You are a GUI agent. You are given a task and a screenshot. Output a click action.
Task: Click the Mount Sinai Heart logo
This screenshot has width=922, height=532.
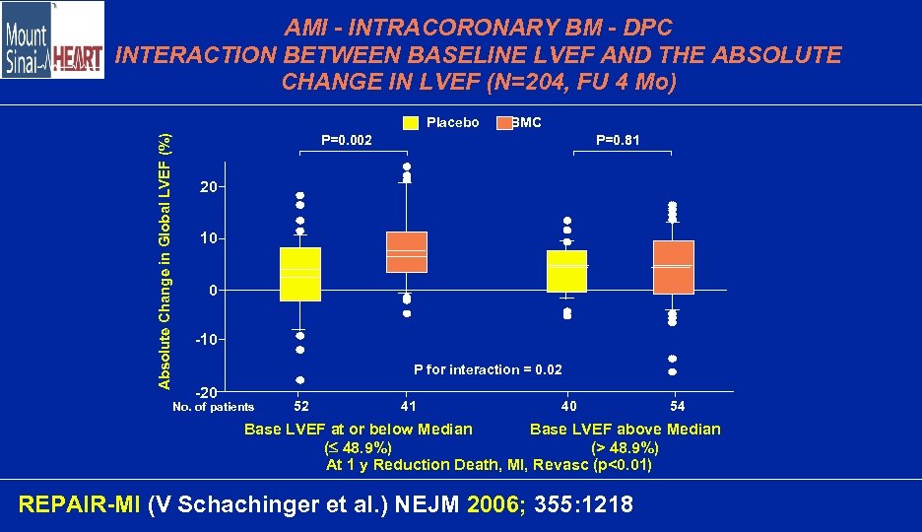[x=52, y=40]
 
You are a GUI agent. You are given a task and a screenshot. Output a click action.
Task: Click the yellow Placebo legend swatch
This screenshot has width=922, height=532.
[x=411, y=123]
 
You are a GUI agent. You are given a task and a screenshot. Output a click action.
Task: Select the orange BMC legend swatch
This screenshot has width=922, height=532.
[x=504, y=123]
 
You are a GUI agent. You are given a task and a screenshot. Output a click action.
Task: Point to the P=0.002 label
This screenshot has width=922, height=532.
[x=348, y=141]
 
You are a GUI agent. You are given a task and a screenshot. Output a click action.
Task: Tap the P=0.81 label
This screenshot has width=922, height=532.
[x=618, y=141]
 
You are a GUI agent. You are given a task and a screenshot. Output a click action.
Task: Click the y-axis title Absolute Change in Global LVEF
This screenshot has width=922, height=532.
[x=166, y=258]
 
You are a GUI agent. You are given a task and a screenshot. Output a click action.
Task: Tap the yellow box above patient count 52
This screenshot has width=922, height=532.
[x=299, y=274]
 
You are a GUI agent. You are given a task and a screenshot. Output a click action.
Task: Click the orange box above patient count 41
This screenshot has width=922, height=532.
[x=406, y=252]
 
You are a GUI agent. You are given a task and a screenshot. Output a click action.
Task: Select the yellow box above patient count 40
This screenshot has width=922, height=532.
[x=566, y=271]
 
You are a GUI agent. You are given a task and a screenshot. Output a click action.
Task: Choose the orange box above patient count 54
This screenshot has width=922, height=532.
[x=673, y=267]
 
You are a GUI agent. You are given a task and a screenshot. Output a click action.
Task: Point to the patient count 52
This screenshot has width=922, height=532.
[x=301, y=406]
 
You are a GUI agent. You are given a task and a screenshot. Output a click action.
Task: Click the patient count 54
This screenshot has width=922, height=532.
[x=677, y=406]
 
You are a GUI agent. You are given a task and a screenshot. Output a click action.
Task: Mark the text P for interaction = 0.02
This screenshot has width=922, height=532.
[x=488, y=369]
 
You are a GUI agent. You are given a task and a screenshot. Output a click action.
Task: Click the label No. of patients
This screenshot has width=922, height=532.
[x=213, y=407]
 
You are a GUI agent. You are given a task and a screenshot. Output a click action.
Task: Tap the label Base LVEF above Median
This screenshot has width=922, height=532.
[x=625, y=429]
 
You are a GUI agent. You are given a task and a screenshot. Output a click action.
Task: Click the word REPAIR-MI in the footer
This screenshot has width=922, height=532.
[x=80, y=505]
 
